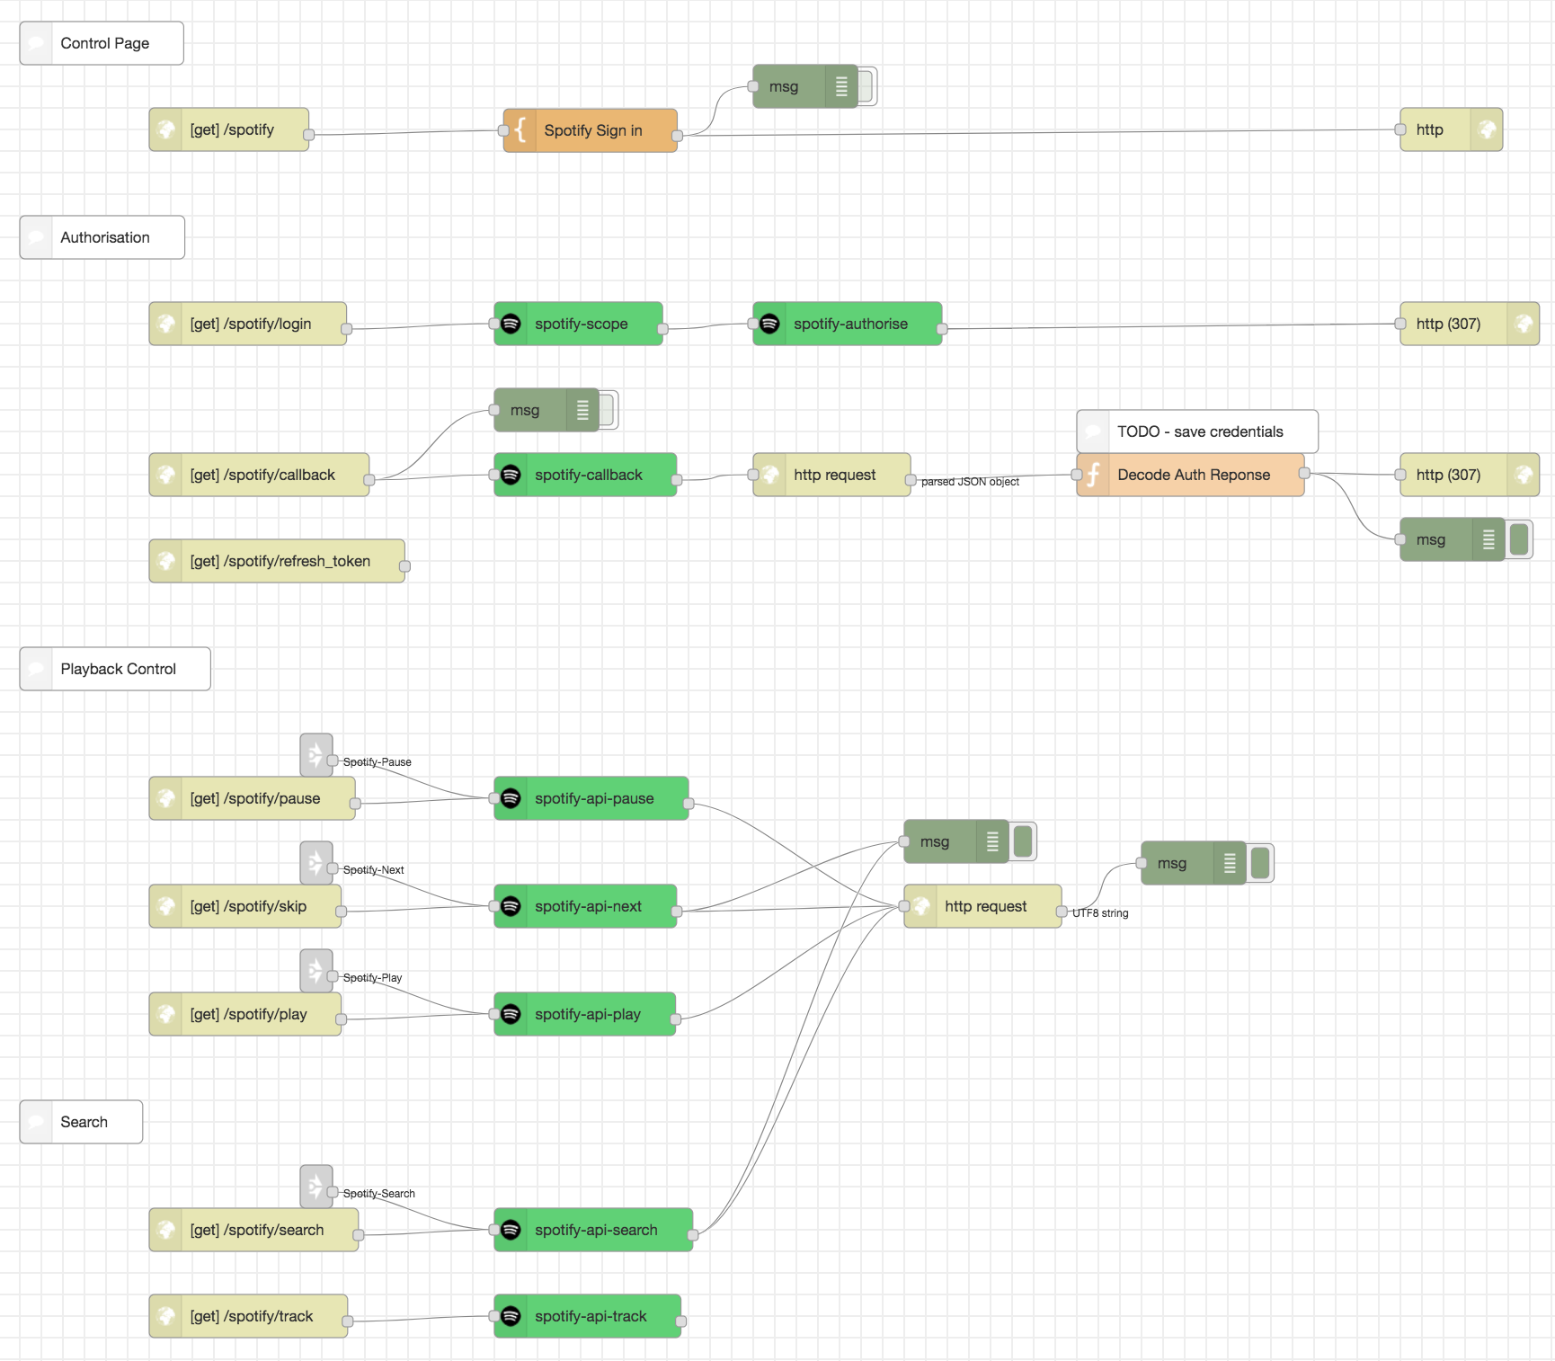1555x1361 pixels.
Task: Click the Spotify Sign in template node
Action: [x=591, y=130]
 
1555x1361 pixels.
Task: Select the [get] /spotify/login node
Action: [x=248, y=324]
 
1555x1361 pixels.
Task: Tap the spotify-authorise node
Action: [x=848, y=324]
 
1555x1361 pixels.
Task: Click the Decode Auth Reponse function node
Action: [x=1191, y=475]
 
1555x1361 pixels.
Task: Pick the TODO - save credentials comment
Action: [x=1197, y=431]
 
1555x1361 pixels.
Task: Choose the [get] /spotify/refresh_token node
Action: [x=277, y=561]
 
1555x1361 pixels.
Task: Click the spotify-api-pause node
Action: [x=591, y=798]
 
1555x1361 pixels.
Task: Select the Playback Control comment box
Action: [x=115, y=669]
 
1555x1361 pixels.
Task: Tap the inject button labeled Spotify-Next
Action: [x=316, y=863]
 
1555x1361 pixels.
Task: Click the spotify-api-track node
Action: [x=588, y=1316]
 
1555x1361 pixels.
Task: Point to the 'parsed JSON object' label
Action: [x=970, y=482]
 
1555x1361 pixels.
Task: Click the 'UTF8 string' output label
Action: [x=1100, y=913]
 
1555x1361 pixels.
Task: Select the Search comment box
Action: [x=81, y=1122]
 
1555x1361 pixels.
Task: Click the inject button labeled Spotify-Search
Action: [x=316, y=1187]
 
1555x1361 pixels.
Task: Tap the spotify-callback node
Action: [x=586, y=475]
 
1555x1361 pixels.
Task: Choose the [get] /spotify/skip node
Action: [x=245, y=906]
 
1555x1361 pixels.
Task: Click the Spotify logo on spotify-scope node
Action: [x=511, y=324]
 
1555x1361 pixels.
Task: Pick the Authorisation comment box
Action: [x=102, y=237]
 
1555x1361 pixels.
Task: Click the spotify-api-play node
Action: [x=585, y=1014]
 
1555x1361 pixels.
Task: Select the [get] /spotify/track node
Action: [x=248, y=1316]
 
